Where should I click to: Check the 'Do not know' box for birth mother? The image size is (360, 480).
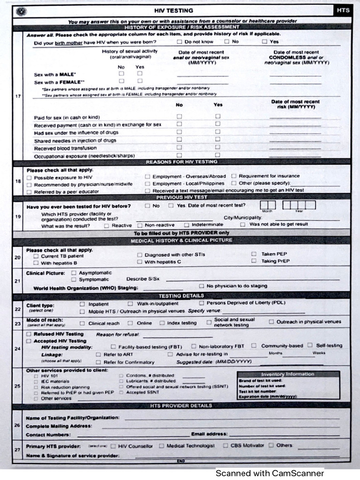(x=180, y=42)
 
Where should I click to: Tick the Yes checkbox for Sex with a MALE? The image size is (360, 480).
(x=140, y=74)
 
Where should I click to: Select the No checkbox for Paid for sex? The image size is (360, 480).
(x=179, y=116)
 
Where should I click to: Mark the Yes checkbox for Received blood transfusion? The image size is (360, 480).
(x=217, y=147)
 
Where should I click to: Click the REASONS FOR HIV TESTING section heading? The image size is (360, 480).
(x=181, y=162)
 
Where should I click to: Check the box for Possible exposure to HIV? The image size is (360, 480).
(x=30, y=178)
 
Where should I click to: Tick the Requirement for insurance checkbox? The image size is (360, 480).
(x=233, y=176)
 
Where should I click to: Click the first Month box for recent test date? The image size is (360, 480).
(x=264, y=205)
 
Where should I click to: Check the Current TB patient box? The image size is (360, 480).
(x=36, y=256)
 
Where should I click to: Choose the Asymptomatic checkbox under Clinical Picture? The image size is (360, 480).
(x=74, y=272)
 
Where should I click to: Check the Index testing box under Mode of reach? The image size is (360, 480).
(x=162, y=323)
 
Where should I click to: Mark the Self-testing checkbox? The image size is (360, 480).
(x=310, y=345)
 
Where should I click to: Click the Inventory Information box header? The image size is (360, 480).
(x=288, y=374)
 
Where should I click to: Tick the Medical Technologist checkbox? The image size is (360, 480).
(x=162, y=445)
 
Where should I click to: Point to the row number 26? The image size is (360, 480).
(x=17, y=425)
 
